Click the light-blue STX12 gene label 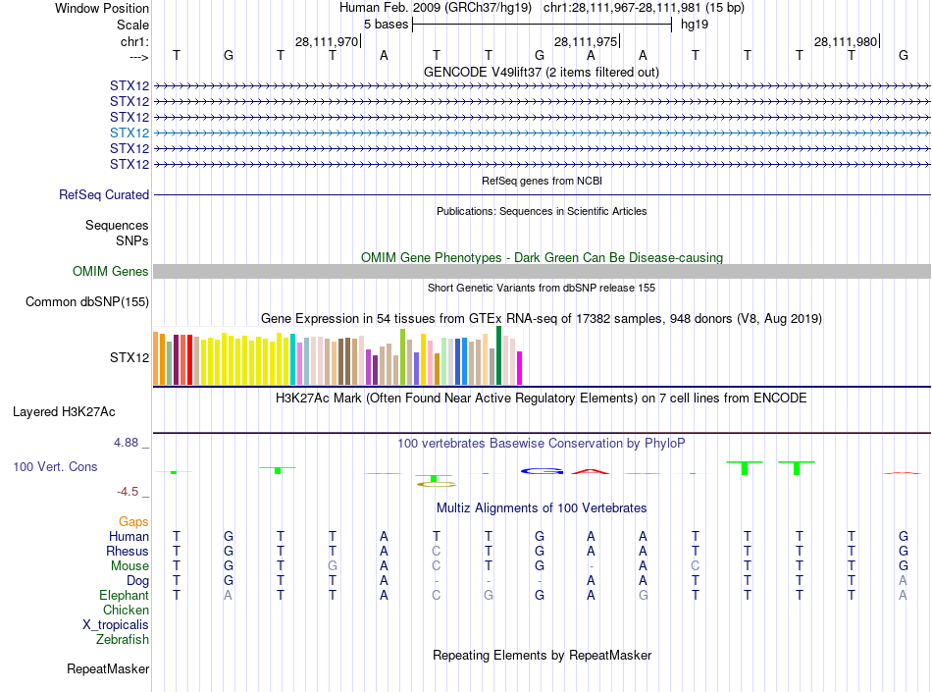pyautogui.click(x=129, y=133)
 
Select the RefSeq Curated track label pyautogui.click(x=104, y=195)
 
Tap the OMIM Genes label pyautogui.click(x=111, y=272)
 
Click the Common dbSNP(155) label pyautogui.click(x=86, y=302)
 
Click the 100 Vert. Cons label pyautogui.click(x=55, y=467)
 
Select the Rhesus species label pyautogui.click(x=128, y=552)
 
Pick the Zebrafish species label pyautogui.click(x=123, y=640)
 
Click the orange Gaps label pyautogui.click(x=133, y=522)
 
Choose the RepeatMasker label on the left pyautogui.click(x=108, y=669)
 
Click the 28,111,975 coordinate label pyautogui.click(x=586, y=41)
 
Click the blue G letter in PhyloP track pyautogui.click(x=540, y=472)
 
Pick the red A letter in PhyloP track pyautogui.click(x=591, y=471)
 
